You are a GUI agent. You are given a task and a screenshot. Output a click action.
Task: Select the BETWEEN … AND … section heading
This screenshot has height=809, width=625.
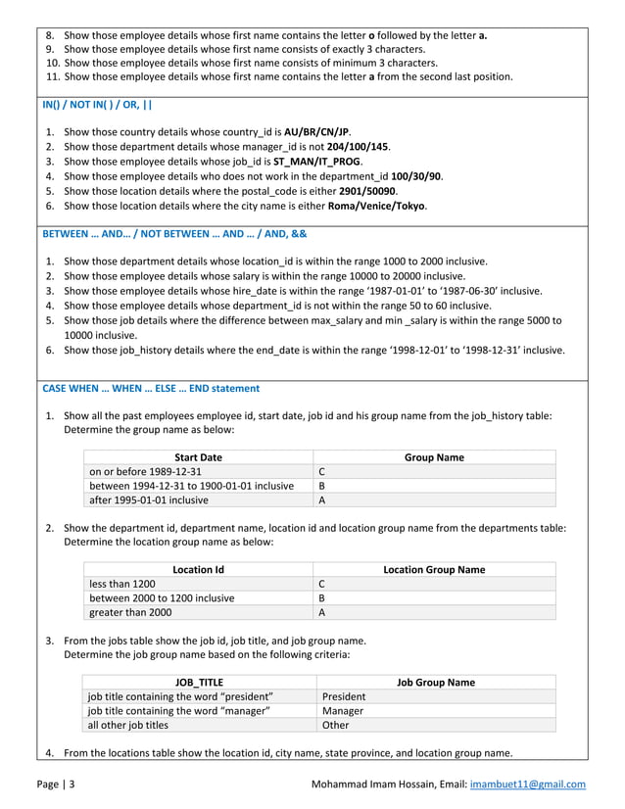173,236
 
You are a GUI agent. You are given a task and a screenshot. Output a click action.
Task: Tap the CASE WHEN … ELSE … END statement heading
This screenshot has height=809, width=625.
151,388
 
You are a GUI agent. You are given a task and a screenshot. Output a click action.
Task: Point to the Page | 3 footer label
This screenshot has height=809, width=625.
58,785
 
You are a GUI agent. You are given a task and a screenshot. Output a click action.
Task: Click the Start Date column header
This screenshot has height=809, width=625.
198,457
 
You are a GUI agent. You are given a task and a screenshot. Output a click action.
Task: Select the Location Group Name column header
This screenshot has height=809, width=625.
433,569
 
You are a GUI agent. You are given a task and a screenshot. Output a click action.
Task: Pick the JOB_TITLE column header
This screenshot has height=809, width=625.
198,682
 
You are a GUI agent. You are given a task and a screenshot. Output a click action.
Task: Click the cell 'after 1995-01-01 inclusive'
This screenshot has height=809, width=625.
149,500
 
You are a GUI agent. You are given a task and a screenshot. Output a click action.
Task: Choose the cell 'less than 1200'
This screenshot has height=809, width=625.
122,584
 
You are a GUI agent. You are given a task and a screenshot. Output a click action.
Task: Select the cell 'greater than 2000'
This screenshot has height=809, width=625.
130,612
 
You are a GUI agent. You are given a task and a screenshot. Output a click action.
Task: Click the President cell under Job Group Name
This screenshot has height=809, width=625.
343,696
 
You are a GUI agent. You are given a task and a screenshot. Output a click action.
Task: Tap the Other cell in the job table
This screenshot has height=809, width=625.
335,726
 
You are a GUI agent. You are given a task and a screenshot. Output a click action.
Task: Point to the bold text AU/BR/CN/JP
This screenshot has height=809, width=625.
316,131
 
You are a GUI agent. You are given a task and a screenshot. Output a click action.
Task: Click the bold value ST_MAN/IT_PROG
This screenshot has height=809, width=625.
318,162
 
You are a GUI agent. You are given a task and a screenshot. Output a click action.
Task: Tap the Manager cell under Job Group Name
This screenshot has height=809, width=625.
343,711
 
